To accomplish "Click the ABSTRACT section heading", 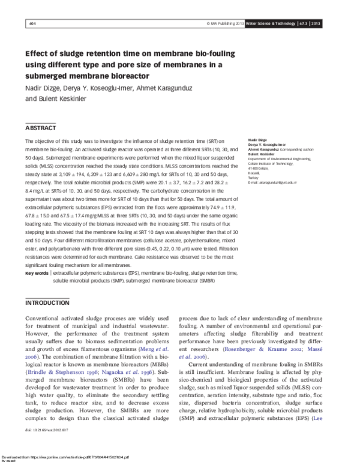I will click(41, 128).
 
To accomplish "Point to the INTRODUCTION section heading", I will click(47, 303).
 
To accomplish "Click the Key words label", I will click(37, 273).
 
